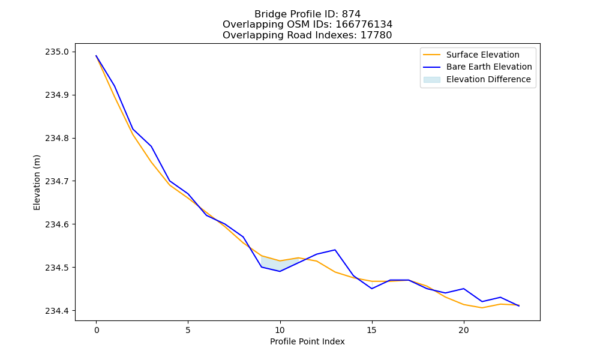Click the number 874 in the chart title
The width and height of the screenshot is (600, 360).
click(351, 14)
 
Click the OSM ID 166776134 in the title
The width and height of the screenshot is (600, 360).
click(364, 25)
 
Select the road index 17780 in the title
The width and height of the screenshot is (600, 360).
click(376, 35)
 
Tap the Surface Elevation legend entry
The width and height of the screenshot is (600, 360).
click(471, 55)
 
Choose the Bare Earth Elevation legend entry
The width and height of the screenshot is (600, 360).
click(478, 67)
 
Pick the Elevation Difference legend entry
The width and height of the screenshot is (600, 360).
click(477, 80)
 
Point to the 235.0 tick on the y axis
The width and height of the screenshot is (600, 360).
click(57, 52)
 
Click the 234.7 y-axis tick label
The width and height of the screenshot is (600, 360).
click(57, 181)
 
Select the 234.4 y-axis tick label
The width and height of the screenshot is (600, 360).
click(57, 311)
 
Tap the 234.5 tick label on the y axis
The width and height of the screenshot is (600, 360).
click(57, 268)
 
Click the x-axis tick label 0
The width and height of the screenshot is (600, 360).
click(97, 330)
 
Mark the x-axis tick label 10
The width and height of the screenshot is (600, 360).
click(280, 330)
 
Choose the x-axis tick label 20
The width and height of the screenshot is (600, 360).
click(464, 330)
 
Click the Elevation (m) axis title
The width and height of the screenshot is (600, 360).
click(37, 182)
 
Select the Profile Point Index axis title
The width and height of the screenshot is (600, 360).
click(307, 341)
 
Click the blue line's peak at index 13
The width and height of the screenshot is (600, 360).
click(335, 250)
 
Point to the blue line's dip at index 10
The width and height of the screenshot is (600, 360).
click(280, 271)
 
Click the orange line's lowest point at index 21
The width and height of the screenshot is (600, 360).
click(482, 308)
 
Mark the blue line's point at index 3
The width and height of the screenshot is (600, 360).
click(152, 146)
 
